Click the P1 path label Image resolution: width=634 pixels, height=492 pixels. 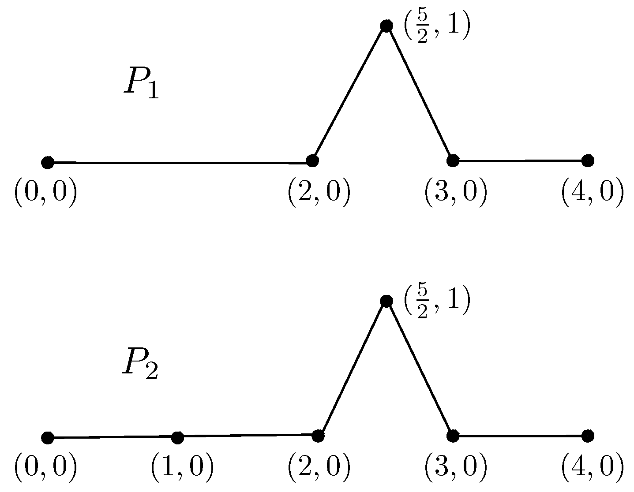pos(141,83)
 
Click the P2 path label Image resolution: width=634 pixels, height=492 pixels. pos(139,363)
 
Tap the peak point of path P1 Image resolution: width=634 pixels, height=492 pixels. pos(386,26)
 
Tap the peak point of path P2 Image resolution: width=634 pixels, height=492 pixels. pos(386,301)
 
